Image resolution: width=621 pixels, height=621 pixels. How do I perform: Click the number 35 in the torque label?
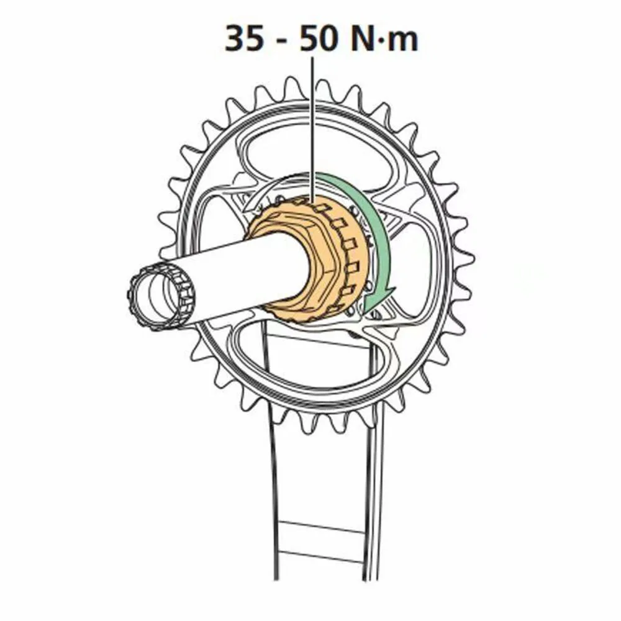pyautogui.click(x=244, y=39)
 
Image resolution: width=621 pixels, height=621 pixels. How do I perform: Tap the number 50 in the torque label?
pyautogui.click(x=319, y=39)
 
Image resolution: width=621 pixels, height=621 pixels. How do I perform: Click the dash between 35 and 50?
pyautogui.click(x=281, y=41)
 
